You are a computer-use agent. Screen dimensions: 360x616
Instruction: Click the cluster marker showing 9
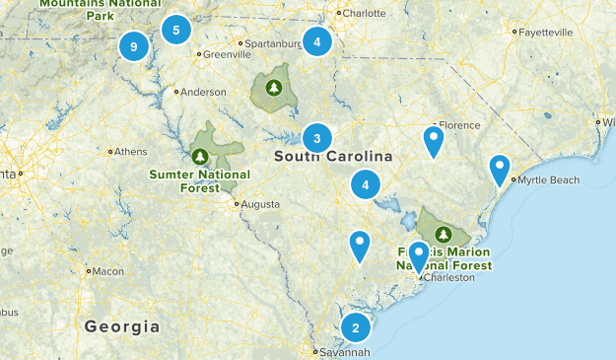(x=133, y=45)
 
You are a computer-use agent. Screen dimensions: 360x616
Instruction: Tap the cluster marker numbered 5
(x=176, y=30)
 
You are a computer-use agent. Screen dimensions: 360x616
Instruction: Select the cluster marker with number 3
(x=316, y=137)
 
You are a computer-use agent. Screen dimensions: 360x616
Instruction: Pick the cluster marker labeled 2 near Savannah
(x=355, y=328)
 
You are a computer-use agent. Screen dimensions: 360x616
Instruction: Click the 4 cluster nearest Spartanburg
(x=316, y=42)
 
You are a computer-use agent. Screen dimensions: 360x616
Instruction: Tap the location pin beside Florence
(x=433, y=141)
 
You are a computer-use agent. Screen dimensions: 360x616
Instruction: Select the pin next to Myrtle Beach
(x=500, y=170)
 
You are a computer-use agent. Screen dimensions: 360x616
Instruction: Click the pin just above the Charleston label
(x=419, y=256)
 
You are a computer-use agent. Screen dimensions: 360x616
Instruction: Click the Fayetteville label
(x=545, y=32)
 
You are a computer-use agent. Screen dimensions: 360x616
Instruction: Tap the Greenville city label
(x=221, y=55)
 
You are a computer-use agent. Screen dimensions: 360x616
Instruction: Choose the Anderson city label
(x=204, y=93)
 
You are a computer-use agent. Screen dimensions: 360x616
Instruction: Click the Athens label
(x=130, y=152)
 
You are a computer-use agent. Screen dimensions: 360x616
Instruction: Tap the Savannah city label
(x=344, y=352)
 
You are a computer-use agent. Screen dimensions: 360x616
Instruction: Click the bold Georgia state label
(x=122, y=326)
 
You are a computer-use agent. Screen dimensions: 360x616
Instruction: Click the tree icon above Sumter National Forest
(x=200, y=156)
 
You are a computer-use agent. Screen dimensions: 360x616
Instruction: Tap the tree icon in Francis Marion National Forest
(x=444, y=235)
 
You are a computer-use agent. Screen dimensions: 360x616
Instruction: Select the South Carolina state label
(x=333, y=157)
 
